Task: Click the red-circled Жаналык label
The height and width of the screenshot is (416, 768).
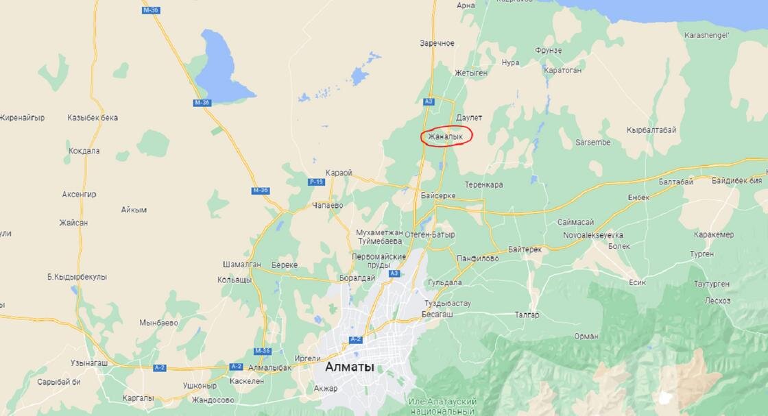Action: [446, 137]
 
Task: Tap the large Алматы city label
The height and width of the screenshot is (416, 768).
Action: [350, 367]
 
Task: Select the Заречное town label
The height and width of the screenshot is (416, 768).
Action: [437, 43]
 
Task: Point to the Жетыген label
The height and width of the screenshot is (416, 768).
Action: [471, 72]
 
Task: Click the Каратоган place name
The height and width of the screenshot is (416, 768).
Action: [562, 70]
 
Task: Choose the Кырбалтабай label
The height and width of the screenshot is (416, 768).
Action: [651, 130]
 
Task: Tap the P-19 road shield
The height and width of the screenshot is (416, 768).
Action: [316, 182]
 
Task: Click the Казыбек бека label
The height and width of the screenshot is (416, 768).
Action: [93, 118]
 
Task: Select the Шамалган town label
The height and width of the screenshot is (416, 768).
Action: [243, 265]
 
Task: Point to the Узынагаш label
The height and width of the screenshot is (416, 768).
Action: [89, 363]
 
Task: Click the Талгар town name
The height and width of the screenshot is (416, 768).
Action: [527, 315]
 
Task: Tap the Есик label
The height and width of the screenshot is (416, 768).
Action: [637, 282]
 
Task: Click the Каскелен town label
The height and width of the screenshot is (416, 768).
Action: [248, 381]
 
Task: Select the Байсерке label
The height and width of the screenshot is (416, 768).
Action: [439, 195]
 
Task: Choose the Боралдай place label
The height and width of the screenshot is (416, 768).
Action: [357, 278]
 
